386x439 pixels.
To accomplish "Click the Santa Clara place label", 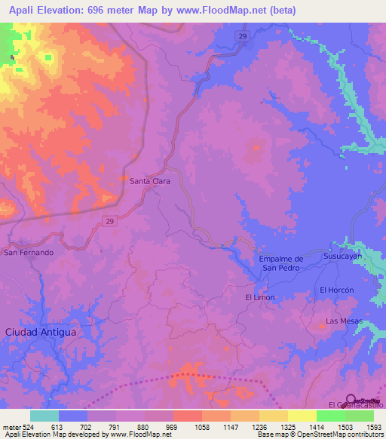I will [x=149, y=181].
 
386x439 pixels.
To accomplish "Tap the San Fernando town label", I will [x=29, y=252].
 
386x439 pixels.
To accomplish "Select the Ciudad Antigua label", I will [x=41, y=331].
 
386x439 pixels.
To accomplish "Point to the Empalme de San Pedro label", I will [x=280, y=262].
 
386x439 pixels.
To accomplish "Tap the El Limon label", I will [x=260, y=297].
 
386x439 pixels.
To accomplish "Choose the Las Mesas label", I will [x=344, y=321].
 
